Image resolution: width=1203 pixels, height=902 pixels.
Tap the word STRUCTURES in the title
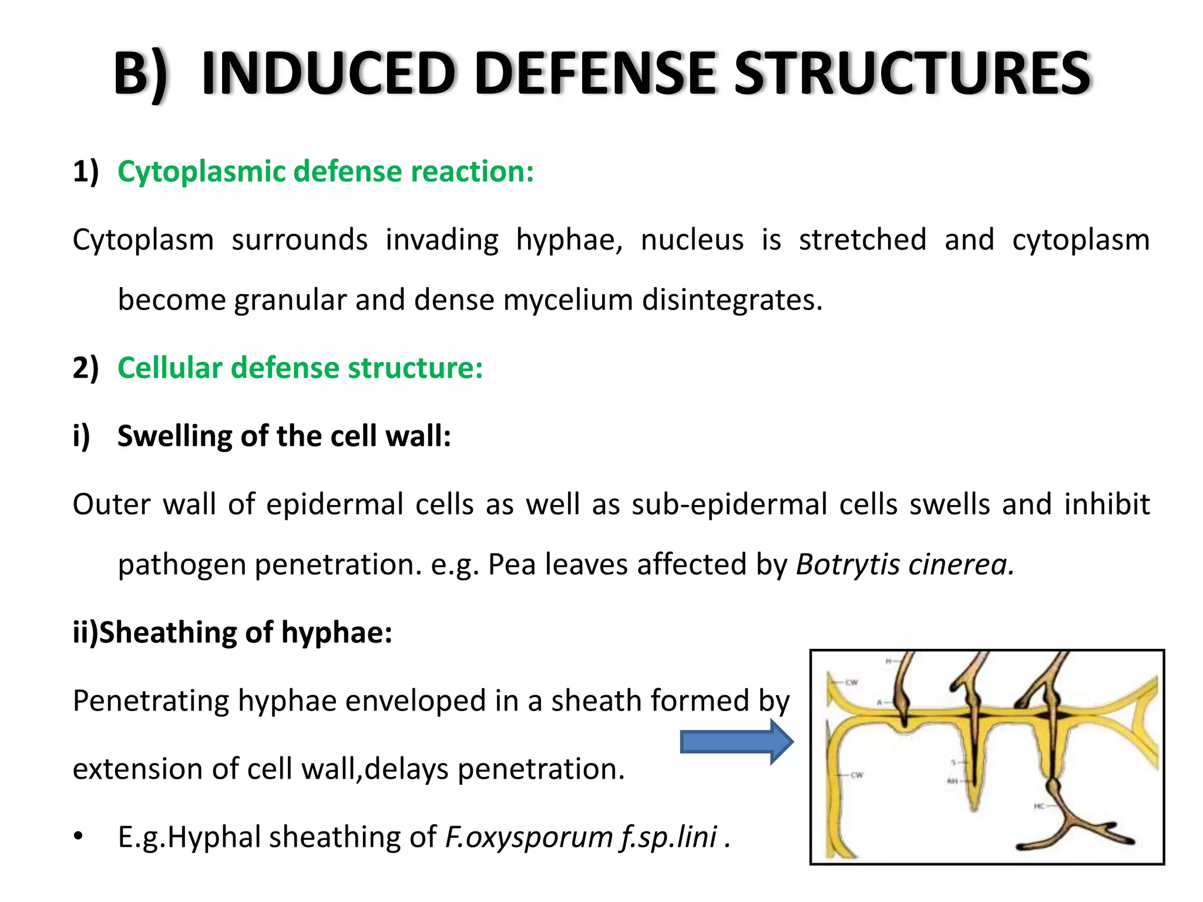[x=913, y=74]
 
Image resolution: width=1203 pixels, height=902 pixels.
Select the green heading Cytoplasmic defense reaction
[x=325, y=171]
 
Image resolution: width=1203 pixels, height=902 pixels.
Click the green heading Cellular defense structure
[x=300, y=368]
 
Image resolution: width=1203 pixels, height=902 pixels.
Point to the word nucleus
[x=692, y=240]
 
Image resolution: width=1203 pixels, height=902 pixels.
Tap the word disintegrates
[x=732, y=300]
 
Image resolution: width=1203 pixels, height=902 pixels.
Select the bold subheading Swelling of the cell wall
[x=284, y=436]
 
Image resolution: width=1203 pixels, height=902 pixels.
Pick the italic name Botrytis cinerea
[x=905, y=564]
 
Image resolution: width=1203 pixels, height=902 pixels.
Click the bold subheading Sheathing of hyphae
[x=233, y=632]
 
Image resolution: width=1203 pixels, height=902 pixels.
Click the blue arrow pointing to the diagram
[x=736, y=742]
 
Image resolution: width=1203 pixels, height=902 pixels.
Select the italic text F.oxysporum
[x=529, y=837]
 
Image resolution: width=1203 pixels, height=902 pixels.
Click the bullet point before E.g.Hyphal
[x=79, y=837]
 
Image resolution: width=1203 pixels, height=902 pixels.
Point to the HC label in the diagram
[x=1039, y=806]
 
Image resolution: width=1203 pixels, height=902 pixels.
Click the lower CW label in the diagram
[x=857, y=775]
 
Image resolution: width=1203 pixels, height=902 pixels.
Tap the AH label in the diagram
[x=952, y=781]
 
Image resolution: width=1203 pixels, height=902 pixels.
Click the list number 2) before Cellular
[x=85, y=368]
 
